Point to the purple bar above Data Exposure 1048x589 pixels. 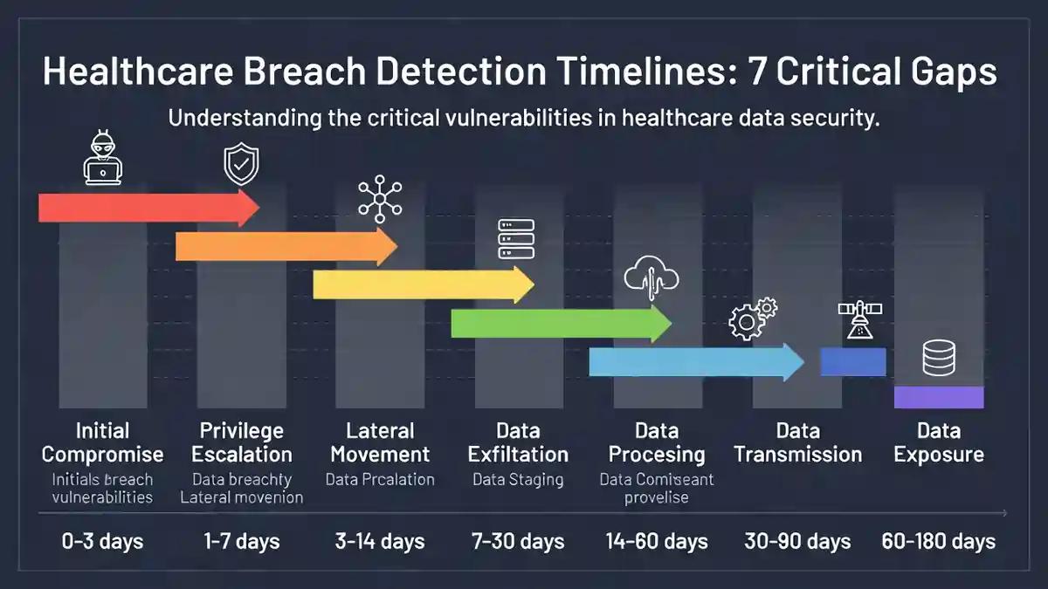(939, 397)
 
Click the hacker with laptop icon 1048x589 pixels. (103, 161)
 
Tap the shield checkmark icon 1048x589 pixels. (241, 165)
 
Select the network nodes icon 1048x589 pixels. (378, 200)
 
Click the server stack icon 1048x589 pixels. (515, 238)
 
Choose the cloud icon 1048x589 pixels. (652, 277)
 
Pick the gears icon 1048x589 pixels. (752, 318)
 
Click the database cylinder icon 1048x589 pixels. (939, 358)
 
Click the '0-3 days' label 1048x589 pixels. (103, 541)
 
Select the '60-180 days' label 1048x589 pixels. (939, 541)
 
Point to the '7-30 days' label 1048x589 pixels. (518, 541)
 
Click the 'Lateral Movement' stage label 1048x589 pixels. (380, 442)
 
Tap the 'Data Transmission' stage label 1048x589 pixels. (797, 442)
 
